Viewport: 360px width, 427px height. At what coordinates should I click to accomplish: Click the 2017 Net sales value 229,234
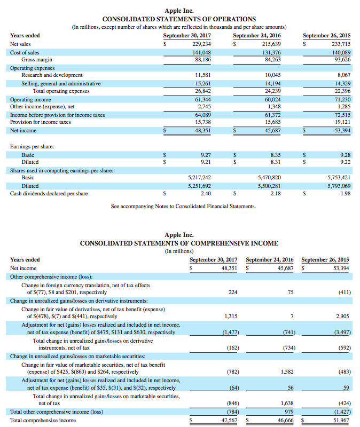(201, 44)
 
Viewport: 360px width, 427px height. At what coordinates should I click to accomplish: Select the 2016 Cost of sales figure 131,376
(272, 52)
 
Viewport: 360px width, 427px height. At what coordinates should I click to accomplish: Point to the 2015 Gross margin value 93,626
(342, 60)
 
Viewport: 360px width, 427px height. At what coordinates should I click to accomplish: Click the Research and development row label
(52, 75)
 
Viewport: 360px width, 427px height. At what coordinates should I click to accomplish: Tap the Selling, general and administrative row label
(61, 83)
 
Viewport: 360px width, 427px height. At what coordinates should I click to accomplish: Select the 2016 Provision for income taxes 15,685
(272, 122)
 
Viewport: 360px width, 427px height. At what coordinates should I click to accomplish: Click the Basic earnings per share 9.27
(204, 154)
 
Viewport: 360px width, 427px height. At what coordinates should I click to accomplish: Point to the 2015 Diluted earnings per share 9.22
(345, 162)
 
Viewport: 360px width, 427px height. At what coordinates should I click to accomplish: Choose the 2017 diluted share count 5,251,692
(199, 186)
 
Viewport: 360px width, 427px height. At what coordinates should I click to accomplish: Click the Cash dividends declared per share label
(49, 193)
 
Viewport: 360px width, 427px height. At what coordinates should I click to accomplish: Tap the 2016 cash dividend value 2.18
(276, 193)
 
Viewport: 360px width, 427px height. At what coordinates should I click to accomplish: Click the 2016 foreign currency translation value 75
(291, 292)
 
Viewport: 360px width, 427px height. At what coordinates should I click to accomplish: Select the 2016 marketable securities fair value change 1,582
(287, 371)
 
